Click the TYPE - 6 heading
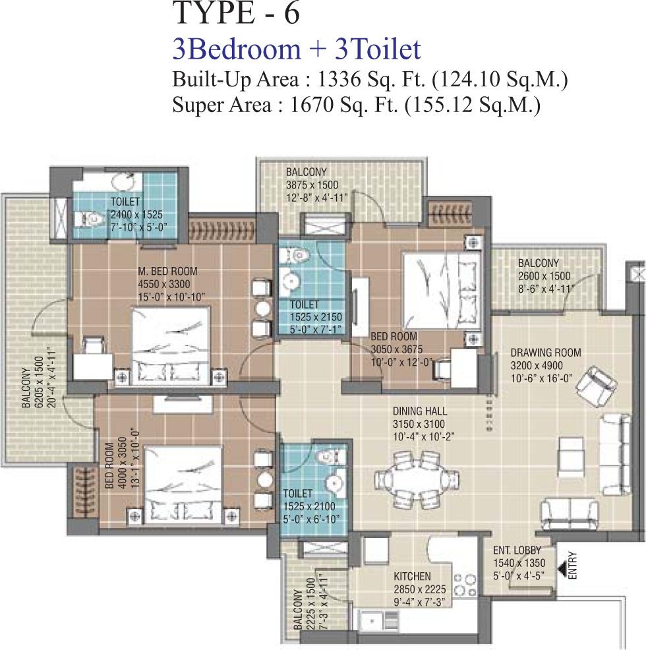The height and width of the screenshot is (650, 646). point(235,13)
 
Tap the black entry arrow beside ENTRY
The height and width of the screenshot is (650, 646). point(562,569)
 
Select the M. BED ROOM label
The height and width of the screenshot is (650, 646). point(167,272)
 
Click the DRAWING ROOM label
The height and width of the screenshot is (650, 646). point(546,353)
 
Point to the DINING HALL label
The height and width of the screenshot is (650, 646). point(420,411)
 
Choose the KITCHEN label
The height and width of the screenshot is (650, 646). point(412,576)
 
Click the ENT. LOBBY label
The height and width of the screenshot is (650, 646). point(517,550)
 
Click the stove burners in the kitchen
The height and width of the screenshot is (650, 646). point(463,583)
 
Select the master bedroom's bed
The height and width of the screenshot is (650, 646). point(171,344)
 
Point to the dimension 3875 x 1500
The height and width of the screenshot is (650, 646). point(312,185)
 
